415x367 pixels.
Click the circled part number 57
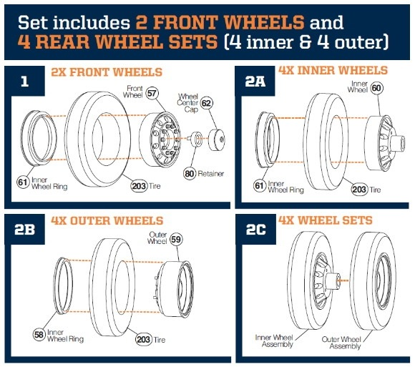pos(152,94)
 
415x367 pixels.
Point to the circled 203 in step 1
pos(139,186)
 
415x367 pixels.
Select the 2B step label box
pos(24,230)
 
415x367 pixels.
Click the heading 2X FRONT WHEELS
pos(107,72)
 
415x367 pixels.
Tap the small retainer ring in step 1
pos(195,137)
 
